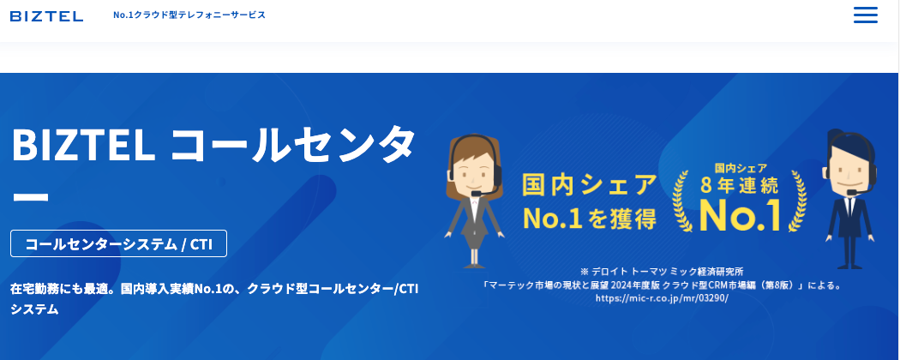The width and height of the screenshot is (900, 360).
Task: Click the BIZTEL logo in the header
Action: point(46,16)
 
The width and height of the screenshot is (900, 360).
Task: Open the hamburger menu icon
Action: point(866,15)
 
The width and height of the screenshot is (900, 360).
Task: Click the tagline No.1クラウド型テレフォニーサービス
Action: point(189,15)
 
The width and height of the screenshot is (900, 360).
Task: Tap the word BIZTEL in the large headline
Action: point(83,146)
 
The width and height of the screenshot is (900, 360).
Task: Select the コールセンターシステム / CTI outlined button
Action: point(119,243)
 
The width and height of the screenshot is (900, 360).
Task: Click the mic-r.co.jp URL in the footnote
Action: point(661,298)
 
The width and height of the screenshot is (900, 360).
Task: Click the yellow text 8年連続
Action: point(740,185)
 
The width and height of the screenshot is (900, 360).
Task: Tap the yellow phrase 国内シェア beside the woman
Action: point(589,185)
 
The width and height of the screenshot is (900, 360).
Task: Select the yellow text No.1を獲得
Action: point(589,219)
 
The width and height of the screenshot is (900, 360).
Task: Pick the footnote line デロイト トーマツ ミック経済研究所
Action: point(661,271)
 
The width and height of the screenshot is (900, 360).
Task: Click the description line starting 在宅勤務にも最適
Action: point(214,289)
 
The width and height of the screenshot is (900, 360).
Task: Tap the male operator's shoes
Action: point(849,265)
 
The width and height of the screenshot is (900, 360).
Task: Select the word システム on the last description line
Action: point(34,309)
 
